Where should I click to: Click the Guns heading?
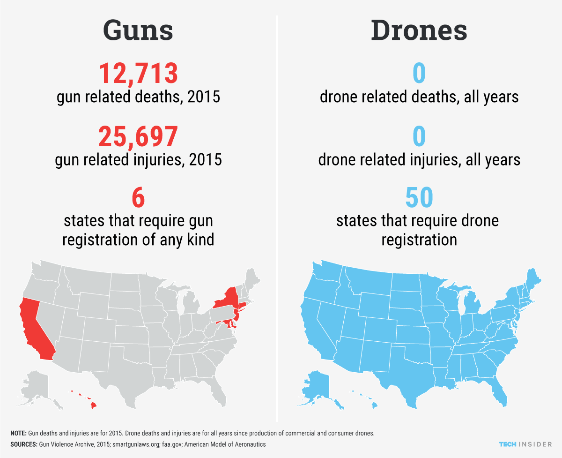(x=138, y=31)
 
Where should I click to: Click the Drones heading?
(x=419, y=31)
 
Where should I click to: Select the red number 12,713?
(x=138, y=74)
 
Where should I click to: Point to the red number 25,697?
(x=138, y=136)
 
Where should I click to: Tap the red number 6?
(x=138, y=198)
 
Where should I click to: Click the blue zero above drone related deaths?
(x=419, y=74)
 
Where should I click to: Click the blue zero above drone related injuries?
(x=419, y=136)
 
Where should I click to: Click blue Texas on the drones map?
(x=398, y=375)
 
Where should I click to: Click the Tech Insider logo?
(x=525, y=444)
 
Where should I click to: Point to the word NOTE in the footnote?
(x=18, y=433)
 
